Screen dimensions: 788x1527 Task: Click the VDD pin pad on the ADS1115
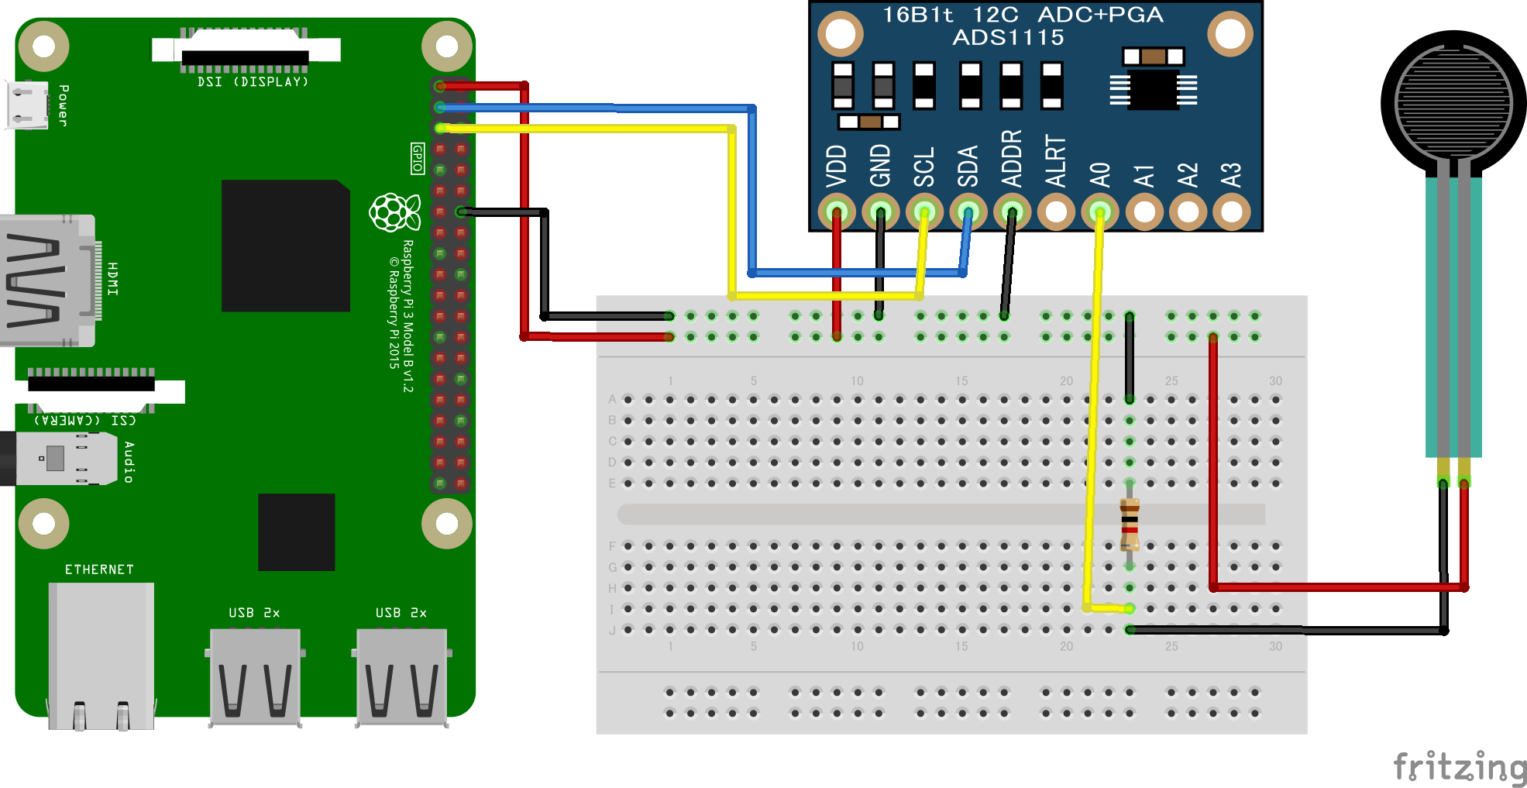(x=836, y=212)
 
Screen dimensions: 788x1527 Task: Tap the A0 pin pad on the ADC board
(x=1099, y=212)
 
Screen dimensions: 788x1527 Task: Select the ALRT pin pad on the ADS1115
(x=1056, y=212)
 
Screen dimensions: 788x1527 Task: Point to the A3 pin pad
(x=1231, y=212)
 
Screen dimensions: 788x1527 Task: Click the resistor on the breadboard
(x=1130, y=524)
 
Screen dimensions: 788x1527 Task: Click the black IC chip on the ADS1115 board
(x=1153, y=90)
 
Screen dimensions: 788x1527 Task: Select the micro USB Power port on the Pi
(x=27, y=105)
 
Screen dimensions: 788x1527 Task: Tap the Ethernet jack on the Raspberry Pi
(x=101, y=655)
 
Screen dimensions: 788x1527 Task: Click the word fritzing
(x=1460, y=766)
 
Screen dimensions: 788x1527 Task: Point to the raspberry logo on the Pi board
(x=394, y=212)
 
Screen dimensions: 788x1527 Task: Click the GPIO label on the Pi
(x=418, y=158)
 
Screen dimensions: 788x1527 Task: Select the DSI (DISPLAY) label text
(x=253, y=82)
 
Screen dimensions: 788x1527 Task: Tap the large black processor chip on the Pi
(x=285, y=246)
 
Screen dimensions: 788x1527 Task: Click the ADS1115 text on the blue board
(x=1008, y=37)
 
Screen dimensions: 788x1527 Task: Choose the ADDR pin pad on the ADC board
(x=1012, y=212)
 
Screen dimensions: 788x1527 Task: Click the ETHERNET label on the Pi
(x=99, y=569)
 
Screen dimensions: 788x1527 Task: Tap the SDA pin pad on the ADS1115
(x=968, y=212)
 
